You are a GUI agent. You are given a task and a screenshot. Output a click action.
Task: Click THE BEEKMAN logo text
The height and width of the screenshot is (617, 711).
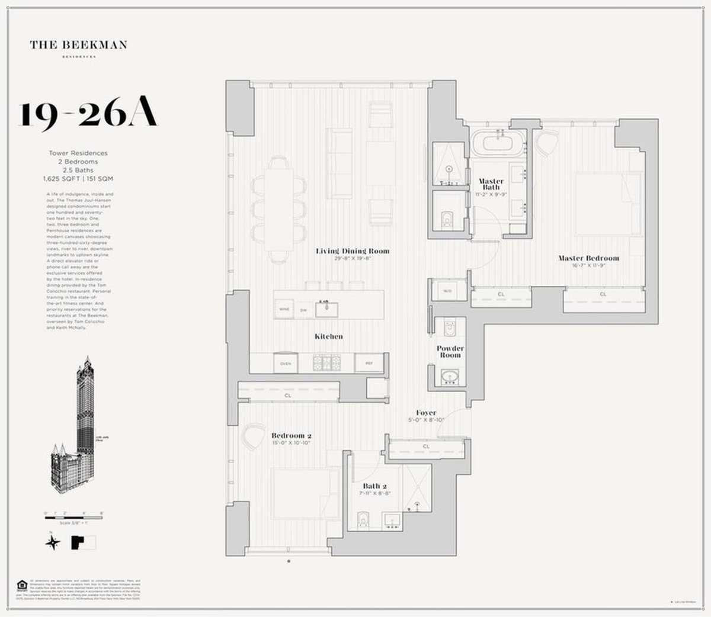click(79, 45)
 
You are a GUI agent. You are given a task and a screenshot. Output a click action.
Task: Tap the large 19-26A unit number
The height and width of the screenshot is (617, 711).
click(89, 114)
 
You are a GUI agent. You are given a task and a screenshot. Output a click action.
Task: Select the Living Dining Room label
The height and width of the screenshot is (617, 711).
click(353, 251)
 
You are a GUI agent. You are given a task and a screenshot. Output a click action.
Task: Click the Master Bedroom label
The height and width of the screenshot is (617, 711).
click(589, 258)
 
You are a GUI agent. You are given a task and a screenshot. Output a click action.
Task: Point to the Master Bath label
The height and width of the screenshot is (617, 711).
click(491, 184)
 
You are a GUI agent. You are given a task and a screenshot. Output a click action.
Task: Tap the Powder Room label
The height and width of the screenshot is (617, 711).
click(450, 352)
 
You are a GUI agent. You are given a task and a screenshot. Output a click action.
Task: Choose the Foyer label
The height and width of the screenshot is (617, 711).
click(426, 413)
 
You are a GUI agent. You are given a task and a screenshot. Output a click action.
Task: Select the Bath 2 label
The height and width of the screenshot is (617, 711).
click(371, 486)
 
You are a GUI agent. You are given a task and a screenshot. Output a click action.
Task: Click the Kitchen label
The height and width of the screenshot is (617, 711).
click(328, 336)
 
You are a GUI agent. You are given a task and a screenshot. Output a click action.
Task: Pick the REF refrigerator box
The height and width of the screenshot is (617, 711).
click(369, 363)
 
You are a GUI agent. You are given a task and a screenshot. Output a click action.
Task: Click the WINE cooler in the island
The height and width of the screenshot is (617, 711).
click(284, 309)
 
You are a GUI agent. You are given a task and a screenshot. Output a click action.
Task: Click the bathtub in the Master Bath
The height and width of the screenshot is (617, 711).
click(498, 144)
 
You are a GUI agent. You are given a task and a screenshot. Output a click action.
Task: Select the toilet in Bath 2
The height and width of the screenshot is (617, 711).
click(364, 519)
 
